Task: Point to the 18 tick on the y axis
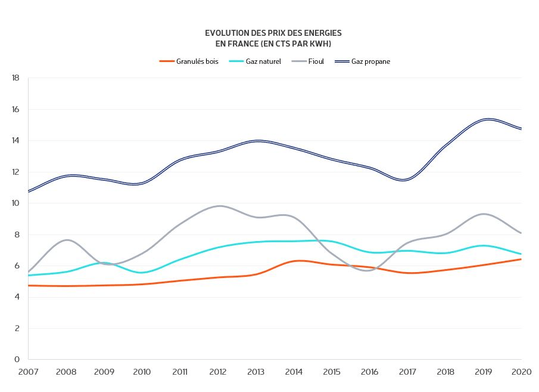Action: click(x=16, y=78)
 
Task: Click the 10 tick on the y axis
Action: click(x=16, y=203)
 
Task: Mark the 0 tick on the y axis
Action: click(x=18, y=360)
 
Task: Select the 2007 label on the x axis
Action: click(x=28, y=372)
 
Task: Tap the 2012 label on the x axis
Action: click(x=218, y=372)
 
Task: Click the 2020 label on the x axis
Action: click(x=521, y=372)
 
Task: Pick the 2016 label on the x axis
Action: click(x=370, y=372)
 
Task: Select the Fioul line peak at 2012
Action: click(x=219, y=206)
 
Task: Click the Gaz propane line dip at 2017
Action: click(x=406, y=180)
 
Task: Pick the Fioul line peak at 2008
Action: click(x=67, y=240)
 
